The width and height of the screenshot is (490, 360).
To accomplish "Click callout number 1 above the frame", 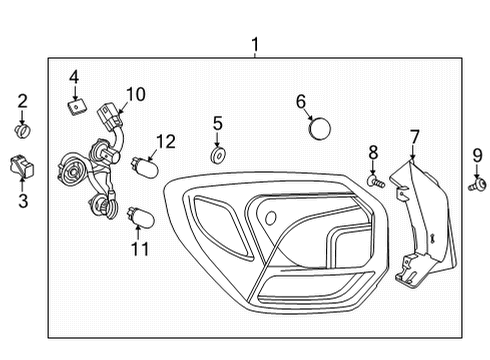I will (x=255, y=44).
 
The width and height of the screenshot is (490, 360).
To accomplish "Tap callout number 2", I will (x=23, y=100).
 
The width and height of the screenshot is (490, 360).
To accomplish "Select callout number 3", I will (x=23, y=201).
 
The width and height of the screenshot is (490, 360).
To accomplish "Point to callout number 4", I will (x=74, y=76).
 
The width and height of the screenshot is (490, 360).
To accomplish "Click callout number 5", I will (x=218, y=124).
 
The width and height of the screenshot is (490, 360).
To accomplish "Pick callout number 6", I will (x=301, y=101).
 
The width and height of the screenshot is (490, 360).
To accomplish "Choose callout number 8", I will (x=373, y=152).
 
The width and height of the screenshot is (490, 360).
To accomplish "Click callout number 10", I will (x=135, y=94).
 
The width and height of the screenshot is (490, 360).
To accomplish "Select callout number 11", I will (x=138, y=246).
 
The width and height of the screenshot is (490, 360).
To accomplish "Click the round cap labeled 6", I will (x=320, y=128).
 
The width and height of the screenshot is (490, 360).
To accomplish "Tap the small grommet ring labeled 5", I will (x=217, y=155).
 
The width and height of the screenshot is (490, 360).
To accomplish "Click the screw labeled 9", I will (x=478, y=184).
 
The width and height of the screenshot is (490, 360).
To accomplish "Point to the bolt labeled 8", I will (x=374, y=182).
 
